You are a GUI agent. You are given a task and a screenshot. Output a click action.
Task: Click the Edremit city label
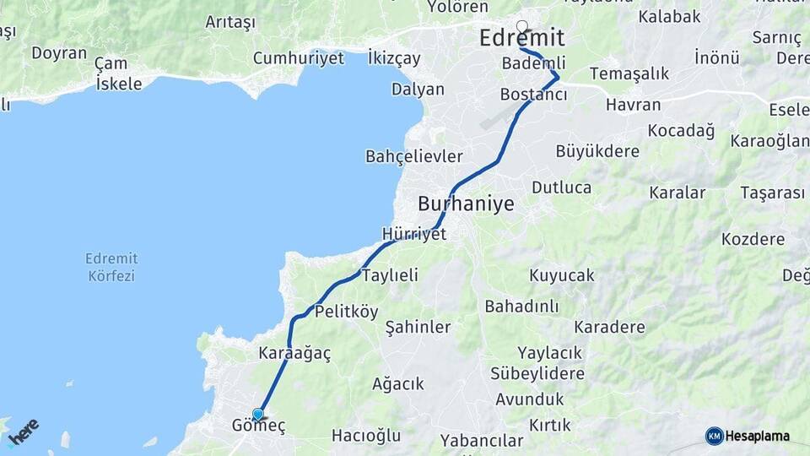[521, 39]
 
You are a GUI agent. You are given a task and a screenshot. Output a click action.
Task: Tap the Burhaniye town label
[466, 204]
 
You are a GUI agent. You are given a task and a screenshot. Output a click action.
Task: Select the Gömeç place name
[259, 426]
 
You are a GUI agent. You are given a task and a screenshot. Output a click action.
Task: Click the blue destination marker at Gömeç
[258, 414]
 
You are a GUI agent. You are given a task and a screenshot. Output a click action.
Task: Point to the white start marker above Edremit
[522, 26]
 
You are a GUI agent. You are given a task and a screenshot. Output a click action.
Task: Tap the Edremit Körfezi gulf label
[111, 267]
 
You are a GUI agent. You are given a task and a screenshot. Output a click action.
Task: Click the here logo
[23, 431]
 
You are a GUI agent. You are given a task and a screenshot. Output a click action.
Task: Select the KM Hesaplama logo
[748, 436]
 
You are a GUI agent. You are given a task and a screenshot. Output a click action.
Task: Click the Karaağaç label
[295, 354]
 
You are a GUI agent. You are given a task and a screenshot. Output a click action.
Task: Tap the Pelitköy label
[346, 312]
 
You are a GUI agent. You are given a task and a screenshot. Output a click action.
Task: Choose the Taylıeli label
[390, 275]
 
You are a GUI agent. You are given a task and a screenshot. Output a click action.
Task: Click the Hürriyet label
[413, 234]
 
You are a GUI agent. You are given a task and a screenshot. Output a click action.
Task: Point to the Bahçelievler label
[413, 157]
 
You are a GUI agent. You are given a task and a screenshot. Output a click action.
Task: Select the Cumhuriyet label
[299, 58]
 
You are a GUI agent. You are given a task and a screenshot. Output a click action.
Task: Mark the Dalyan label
[418, 90]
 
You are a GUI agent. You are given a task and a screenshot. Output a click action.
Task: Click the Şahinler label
[418, 327]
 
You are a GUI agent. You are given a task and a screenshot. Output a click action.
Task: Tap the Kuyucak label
[562, 275]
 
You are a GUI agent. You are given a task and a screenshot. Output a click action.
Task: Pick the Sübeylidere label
[537, 373]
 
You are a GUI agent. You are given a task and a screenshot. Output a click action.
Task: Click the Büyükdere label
[597, 151]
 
